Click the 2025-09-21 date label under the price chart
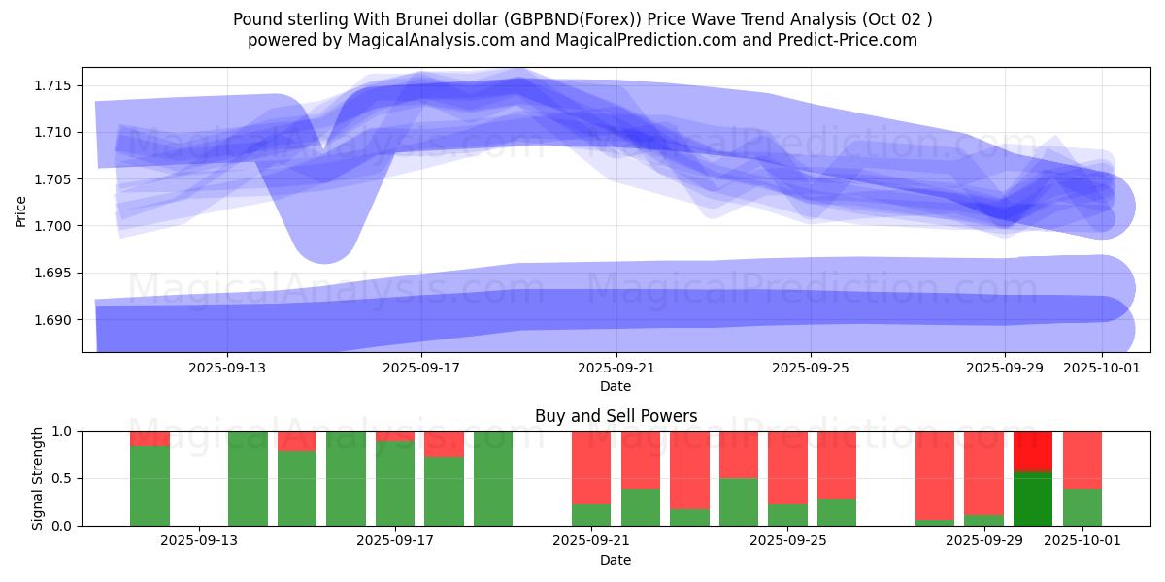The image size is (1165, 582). (616, 368)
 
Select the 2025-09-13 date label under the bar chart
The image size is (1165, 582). (199, 541)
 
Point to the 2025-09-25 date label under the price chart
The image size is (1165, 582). (811, 368)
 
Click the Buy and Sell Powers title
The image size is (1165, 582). (616, 416)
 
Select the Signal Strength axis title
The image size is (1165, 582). (37, 478)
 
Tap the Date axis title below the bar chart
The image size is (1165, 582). (616, 560)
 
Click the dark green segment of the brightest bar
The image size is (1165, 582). (1033, 499)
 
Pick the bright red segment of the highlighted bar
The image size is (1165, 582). (1033, 451)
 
